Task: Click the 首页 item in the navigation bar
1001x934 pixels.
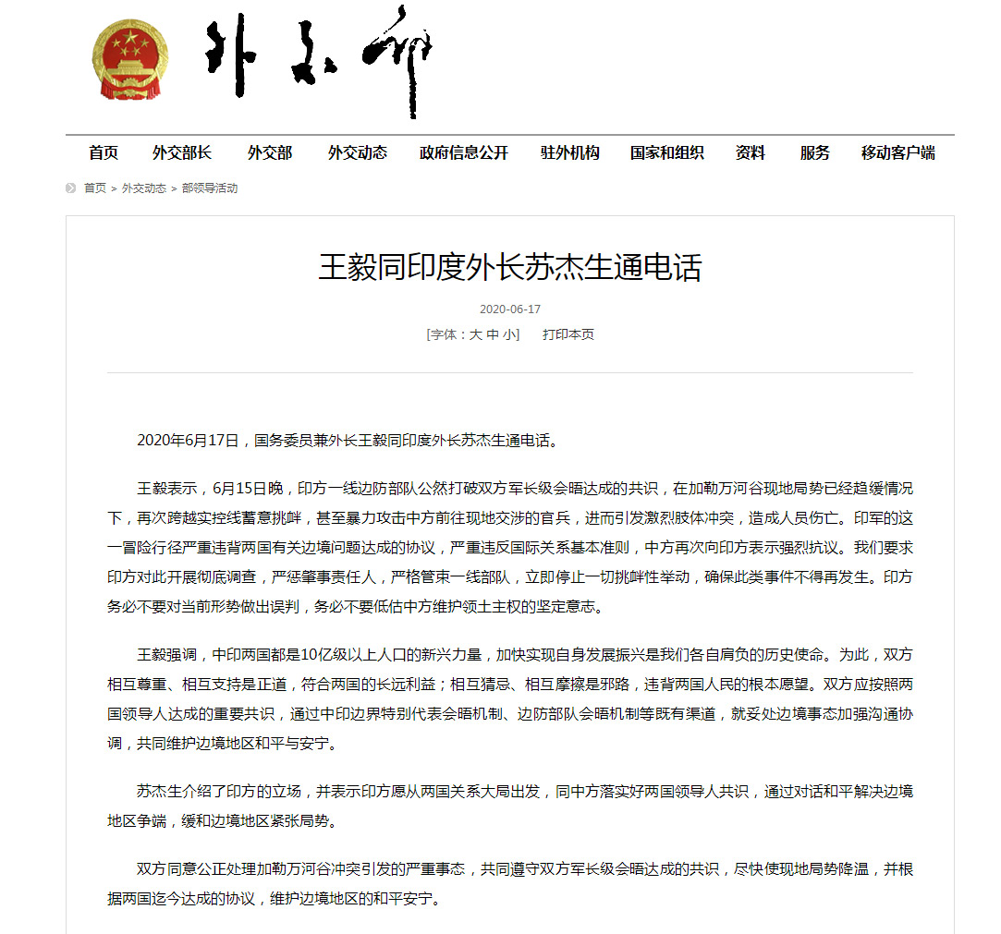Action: [104, 153]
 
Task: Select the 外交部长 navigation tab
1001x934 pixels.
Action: [182, 153]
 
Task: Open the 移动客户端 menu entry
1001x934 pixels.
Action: [898, 153]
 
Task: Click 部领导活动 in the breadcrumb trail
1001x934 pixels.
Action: [210, 188]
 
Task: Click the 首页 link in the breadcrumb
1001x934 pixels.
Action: [95, 188]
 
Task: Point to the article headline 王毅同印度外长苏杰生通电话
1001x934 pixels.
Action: [510, 268]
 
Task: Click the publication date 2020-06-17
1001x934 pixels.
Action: [510, 309]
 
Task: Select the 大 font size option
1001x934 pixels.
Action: [475, 334]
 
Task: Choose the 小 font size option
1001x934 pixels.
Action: [510, 334]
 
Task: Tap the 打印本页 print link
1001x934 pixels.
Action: [568, 334]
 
